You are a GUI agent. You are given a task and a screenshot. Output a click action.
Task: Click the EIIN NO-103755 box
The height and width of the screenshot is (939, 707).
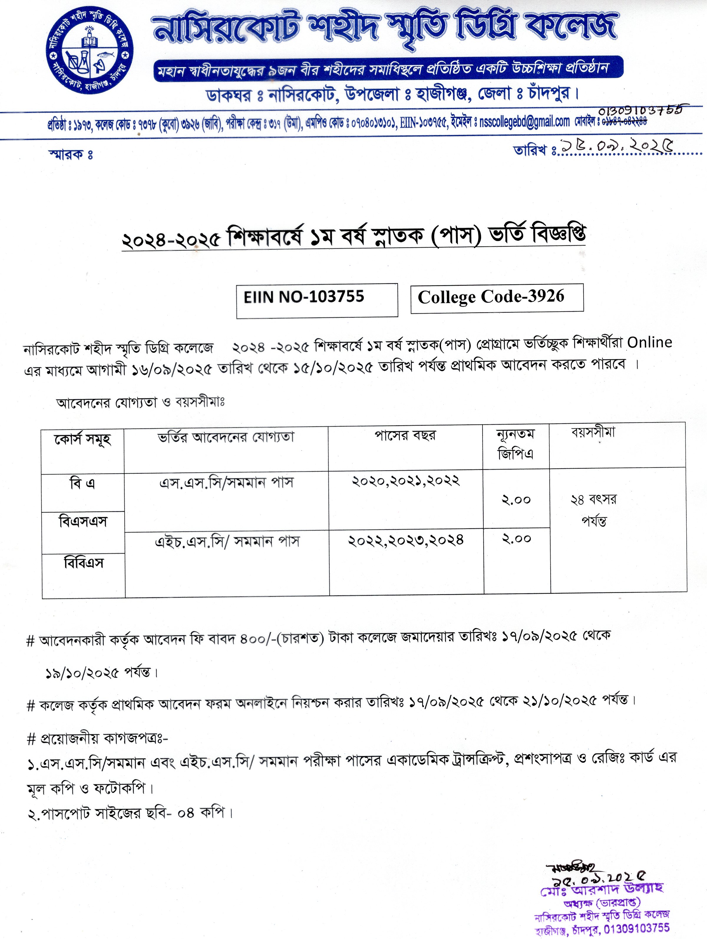click(x=317, y=300)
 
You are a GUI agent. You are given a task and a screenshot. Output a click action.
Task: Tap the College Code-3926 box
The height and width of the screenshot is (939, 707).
click(x=496, y=298)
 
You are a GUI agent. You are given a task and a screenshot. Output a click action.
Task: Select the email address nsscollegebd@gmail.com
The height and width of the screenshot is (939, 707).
click(x=524, y=122)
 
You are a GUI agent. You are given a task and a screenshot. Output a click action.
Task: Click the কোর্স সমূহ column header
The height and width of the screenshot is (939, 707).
click(x=83, y=439)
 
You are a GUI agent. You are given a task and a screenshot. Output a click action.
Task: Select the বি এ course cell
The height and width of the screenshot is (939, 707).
click(x=82, y=484)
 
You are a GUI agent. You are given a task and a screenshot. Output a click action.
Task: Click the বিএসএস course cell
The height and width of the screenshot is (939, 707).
click(x=83, y=521)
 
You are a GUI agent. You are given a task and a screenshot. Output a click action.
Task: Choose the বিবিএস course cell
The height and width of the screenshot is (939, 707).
click(x=84, y=563)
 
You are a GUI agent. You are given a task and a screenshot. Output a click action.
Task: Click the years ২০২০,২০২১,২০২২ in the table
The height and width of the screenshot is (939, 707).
click(x=405, y=481)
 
